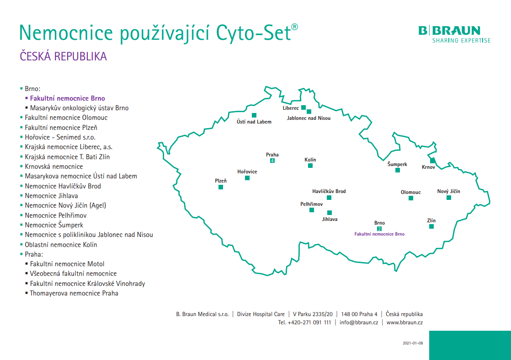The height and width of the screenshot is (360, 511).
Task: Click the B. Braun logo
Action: (x=454, y=34)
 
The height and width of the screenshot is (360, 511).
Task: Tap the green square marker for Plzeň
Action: (x=221, y=187)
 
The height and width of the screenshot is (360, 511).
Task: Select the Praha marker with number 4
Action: (x=272, y=161)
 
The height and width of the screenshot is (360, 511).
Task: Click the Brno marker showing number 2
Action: (x=379, y=229)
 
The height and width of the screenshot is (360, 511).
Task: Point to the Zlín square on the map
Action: (x=431, y=226)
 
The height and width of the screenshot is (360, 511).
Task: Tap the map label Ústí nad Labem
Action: (x=254, y=122)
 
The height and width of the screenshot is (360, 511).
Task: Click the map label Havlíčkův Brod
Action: (x=329, y=191)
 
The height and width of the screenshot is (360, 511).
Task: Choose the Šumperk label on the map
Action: (x=397, y=164)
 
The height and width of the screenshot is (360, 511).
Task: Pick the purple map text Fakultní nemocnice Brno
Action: (x=379, y=234)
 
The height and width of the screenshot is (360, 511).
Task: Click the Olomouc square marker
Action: (x=410, y=198)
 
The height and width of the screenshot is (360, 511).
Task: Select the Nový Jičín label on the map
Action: (x=448, y=191)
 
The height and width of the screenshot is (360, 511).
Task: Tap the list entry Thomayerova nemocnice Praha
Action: (x=74, y=293)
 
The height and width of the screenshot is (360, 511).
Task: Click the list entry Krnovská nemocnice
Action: (x=54, y=167)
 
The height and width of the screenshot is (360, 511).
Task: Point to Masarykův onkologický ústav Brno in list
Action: (x=79, y=108)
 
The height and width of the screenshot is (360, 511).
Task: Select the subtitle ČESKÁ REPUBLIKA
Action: (x=63, y=56)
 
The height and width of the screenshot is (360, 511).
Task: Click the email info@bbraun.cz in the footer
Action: (x=359, y=322)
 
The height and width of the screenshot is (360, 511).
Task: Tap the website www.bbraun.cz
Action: (x=405, y=322)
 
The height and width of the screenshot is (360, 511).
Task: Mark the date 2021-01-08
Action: (x=413, y=343)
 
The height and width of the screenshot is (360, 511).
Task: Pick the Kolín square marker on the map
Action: (x=310, y=166)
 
